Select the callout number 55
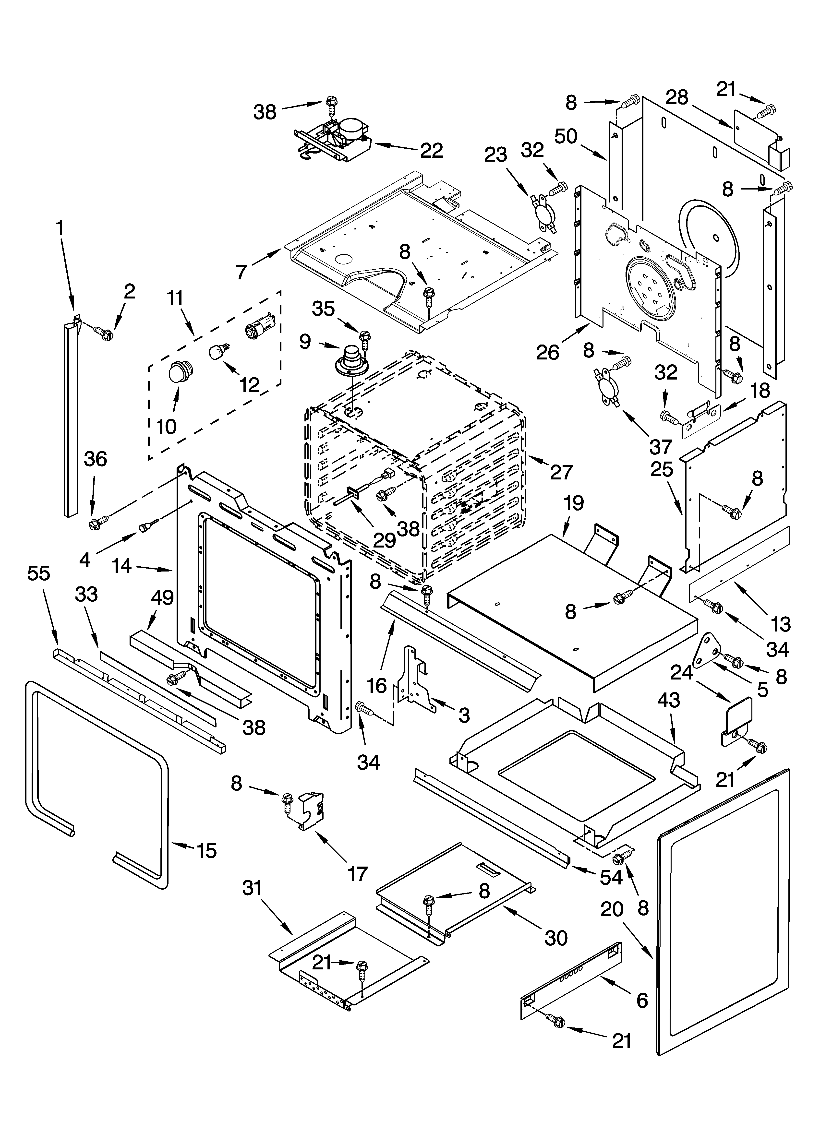point(38,573)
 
